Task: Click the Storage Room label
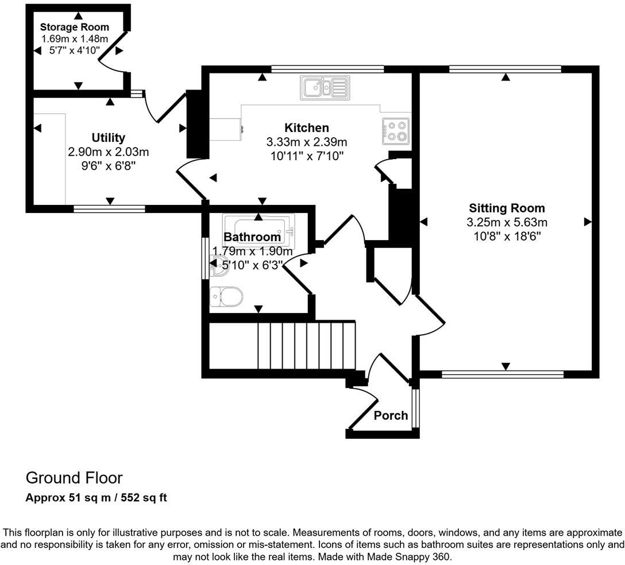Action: click(74, 27)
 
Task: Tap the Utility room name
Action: click(108, 138)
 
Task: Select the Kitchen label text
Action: click(307, 127)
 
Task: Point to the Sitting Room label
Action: click(507, 208)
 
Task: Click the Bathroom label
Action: click(252, 237)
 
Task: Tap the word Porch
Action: click(391, 415)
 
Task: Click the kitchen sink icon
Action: click(324, 88)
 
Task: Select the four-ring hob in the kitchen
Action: click(396, 130)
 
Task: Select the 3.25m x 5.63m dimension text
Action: click(507, 222)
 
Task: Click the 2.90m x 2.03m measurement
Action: click(108, 152)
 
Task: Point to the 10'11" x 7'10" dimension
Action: click(307, 156)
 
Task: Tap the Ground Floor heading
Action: click(74, 478)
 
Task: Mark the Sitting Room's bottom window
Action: click(503, 375)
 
